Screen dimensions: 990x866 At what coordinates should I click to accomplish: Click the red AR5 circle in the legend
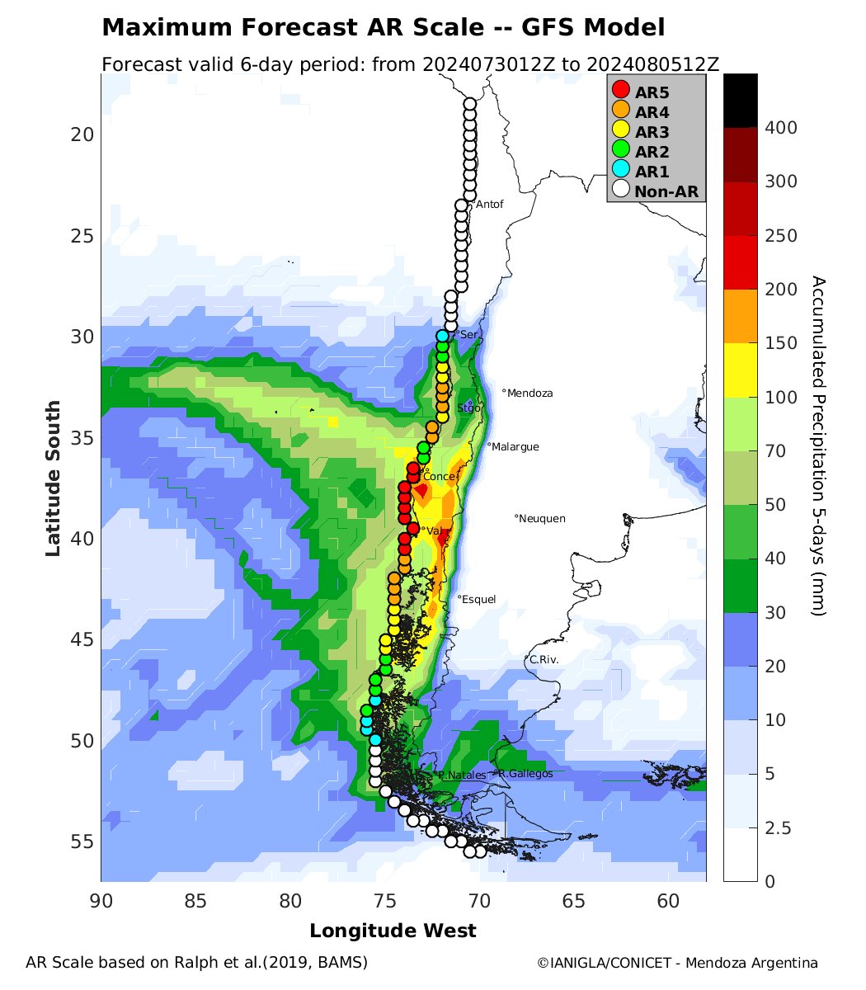coord(621,90)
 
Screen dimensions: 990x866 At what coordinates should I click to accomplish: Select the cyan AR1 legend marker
coord(621,171)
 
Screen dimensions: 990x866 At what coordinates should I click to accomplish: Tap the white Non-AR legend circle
coord(621,191)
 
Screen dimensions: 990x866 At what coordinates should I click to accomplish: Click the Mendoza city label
coord(530,394)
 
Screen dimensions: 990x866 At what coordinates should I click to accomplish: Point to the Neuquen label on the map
coord(543,519)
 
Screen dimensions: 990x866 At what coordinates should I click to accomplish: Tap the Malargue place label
coord(515,447)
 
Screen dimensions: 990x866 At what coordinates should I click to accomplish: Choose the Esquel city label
coord(479,600)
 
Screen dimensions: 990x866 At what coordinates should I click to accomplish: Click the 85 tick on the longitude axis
coord(195,903)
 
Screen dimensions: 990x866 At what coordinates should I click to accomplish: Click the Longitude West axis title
coord(393,931)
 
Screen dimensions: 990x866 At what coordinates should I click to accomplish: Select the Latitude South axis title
coord(53,478)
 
